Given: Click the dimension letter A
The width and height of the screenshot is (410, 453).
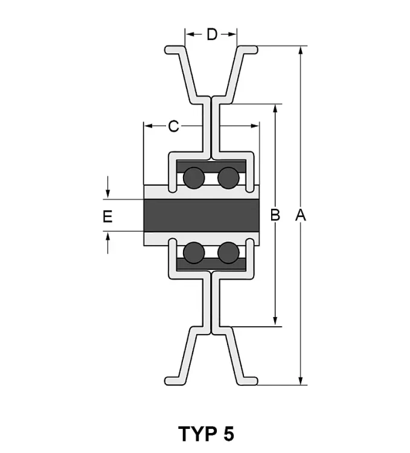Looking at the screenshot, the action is point(301,215).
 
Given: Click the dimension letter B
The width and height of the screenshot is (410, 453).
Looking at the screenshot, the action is point(275,215).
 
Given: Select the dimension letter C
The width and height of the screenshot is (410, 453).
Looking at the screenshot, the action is point(173,126).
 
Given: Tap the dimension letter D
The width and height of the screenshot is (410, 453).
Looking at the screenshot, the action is point(212,34).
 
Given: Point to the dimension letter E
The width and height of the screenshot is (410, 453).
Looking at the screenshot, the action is point(107,216).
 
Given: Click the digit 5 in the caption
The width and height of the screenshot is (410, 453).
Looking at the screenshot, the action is point(228,434).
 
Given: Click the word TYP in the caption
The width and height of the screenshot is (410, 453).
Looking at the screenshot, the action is point(198,433).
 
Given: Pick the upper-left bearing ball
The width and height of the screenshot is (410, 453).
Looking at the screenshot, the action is point(194,178).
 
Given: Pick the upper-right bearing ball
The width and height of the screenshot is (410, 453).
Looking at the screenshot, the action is point(228,178).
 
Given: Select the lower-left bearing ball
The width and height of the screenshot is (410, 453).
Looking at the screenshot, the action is point(194,253).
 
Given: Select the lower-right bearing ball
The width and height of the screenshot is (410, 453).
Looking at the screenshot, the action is point(228,253).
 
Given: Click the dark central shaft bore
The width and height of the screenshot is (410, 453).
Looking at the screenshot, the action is point(201,215).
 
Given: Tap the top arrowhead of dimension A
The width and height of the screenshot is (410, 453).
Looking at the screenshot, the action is point(301,50).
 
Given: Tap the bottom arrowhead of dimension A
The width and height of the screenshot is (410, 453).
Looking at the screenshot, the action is point(301,381).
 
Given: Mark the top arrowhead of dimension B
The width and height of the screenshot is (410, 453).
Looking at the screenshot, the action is point(275,108).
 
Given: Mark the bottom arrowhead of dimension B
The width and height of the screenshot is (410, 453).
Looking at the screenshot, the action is point(275,321).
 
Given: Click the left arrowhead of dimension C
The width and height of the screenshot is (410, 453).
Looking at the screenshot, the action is point(148,126).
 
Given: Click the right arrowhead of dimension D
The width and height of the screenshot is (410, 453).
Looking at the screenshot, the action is point(232,34).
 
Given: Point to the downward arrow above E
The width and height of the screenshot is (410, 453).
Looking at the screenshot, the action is point(107,187).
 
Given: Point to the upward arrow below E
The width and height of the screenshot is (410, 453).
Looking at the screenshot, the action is point(107,243).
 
